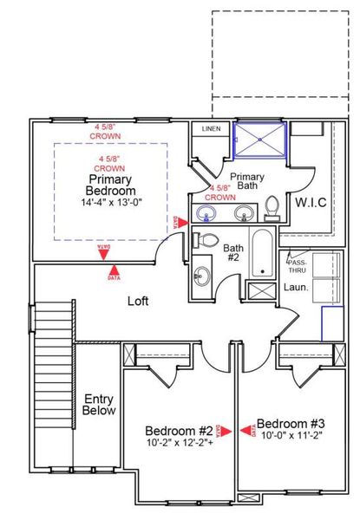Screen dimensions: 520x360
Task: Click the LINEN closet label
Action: click(x=211, y=129)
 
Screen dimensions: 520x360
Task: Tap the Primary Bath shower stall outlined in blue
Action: click(x=259, y=140)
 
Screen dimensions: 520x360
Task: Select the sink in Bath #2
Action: click(x=201, y=276)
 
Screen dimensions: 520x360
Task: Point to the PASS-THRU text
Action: click(x=298, y=263)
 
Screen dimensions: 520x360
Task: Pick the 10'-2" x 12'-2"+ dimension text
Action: click(x=179, y=442)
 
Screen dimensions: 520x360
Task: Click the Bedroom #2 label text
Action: click(x=179, y=430)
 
